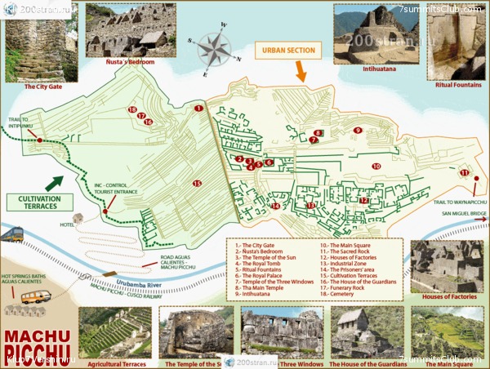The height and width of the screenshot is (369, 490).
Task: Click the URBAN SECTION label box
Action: [290, 51]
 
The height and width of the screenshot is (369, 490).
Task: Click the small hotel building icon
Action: [78, 219]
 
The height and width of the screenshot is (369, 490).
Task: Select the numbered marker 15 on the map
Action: [197, 184]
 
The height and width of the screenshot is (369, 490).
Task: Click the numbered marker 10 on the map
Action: [376, 167]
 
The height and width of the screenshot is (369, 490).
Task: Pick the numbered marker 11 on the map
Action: [464, 173]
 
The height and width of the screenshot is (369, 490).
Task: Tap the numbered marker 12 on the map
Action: [364, 200]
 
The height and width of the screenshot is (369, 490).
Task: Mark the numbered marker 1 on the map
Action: [198, 108]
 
